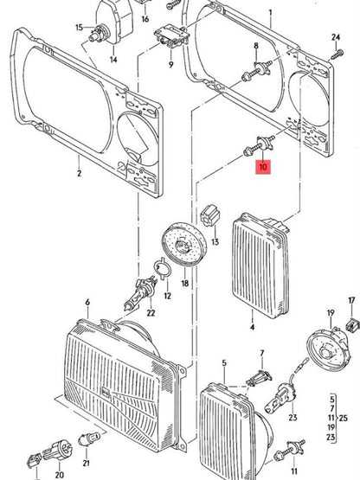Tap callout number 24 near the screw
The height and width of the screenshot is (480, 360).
point(337,37)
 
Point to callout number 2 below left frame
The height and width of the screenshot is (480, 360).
point(78,173)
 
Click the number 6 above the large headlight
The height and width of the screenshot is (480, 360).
point(87,302)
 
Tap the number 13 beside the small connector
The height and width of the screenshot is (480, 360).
point(215,242)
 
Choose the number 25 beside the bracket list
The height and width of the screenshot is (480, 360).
point(345,419)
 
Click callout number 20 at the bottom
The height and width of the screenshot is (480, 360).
point(59,474)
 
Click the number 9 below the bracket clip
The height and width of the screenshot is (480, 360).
point(170,65)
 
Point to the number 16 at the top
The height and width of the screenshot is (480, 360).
point(145,18)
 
